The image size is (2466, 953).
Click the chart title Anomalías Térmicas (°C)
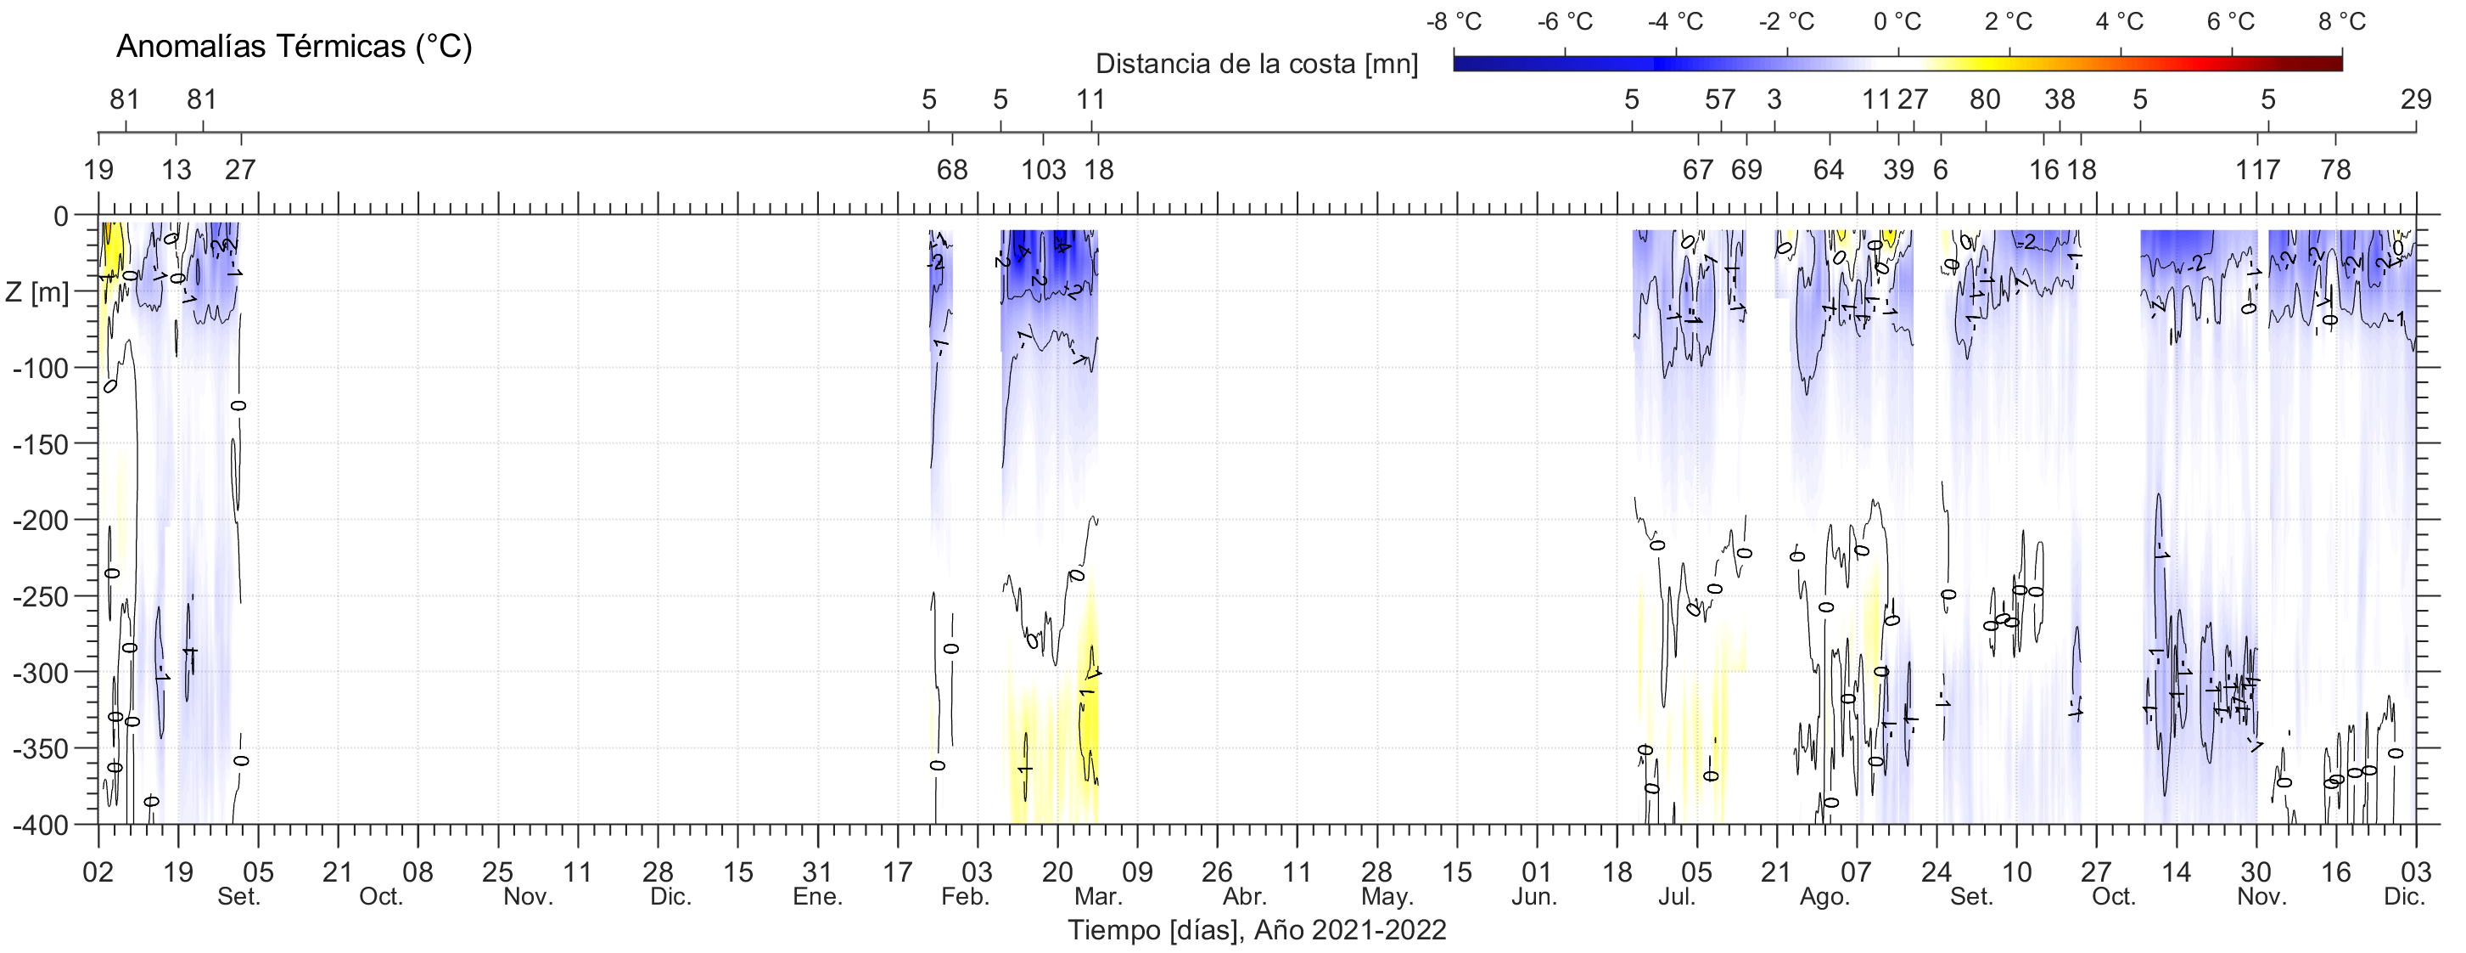[x=294, y=46]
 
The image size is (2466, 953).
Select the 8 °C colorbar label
[x=2341, y=21]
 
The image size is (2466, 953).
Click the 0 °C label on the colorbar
[x=1897, y=21]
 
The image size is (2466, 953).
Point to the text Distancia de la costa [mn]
[x=1256, y=65]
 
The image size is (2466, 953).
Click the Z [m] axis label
[x=36, y=291]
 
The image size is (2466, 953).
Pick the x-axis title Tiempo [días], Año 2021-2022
[x=1257, y=929]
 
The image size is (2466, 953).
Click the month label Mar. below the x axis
[x=1097, y=898]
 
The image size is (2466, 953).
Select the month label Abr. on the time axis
[x=1245, y=898]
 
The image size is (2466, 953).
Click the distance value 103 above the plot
[x=1043, y=171]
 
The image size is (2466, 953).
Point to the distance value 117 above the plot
[x=2257, y=171]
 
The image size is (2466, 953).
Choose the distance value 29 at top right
[x=2415, y=99]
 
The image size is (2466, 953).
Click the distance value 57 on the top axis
[x=1719, y=99]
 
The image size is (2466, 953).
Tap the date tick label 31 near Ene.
[x=817, y=872]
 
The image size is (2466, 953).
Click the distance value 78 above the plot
[x=2336, y=171]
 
